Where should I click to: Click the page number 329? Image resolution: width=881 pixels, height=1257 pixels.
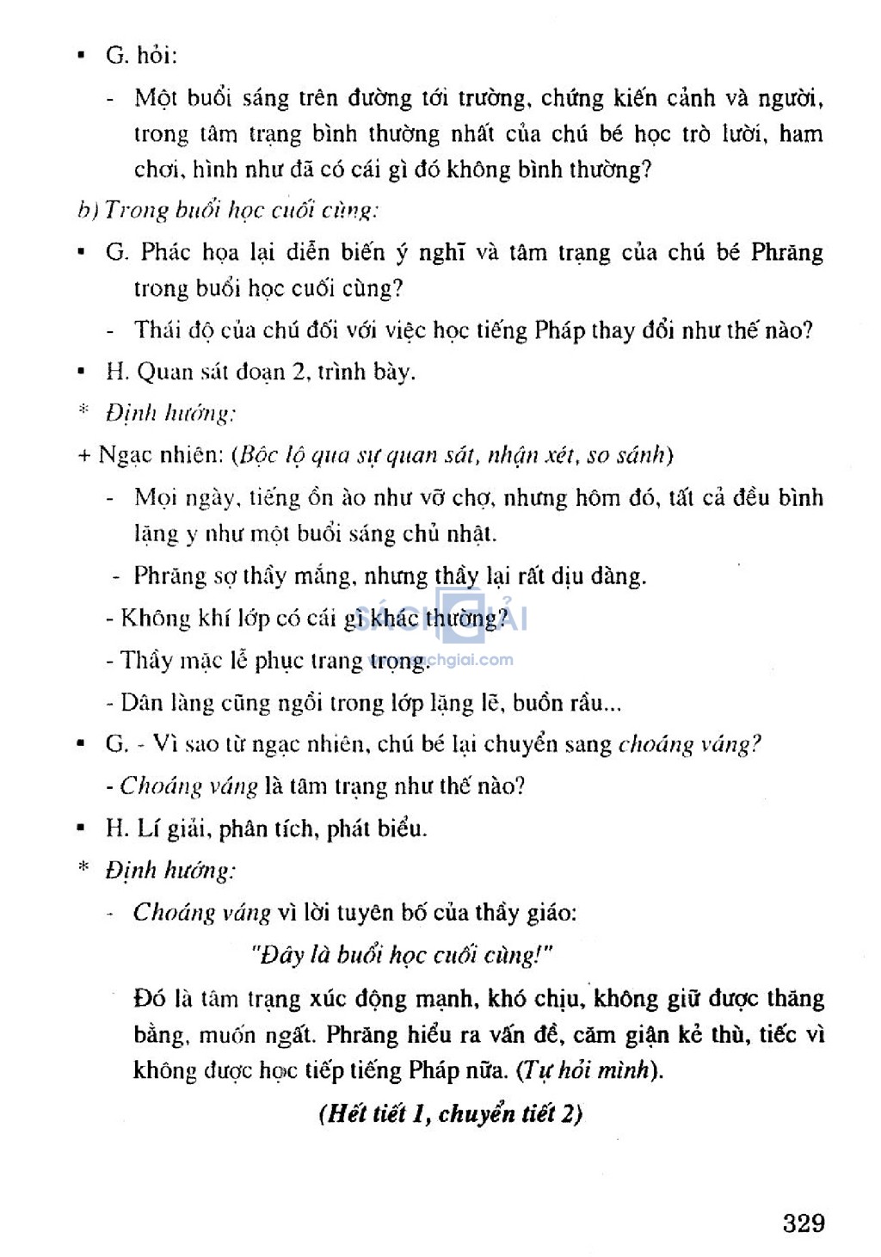(804, 1223)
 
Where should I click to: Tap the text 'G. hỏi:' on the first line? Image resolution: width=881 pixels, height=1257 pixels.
(141, 56)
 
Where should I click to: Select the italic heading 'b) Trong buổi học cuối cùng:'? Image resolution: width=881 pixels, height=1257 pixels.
(227, 211)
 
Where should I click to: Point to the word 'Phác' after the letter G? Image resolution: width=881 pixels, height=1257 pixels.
(166, 252)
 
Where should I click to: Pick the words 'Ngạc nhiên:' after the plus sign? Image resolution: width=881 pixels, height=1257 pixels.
(160, 454)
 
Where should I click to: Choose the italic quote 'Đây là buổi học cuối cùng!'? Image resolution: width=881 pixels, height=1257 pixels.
(400, 955)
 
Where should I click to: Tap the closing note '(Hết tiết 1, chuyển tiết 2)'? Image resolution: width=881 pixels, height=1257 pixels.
(450, 1113)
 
